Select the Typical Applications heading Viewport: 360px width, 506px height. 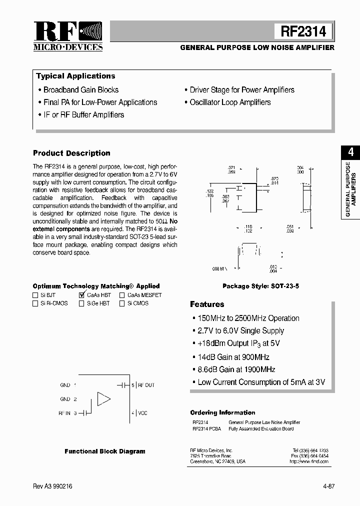tap(75, 76)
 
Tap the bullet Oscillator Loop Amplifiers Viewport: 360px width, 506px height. tap(230, 102)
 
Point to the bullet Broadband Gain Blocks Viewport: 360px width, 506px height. tap(81, 90)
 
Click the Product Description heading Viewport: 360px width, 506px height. tap(71, 153)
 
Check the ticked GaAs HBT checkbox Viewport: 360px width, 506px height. tap(82, 295)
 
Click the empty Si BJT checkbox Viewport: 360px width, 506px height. tap(35, 295)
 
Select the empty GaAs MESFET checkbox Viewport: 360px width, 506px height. tap(122, 295)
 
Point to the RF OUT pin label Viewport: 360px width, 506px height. tap(146, 385)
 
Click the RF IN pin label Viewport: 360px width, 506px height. tap(65, 413)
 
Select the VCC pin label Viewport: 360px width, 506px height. tap(142, 413)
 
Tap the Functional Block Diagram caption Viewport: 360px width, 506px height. tap(105, 451)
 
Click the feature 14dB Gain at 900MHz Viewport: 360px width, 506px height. tap(233, 357)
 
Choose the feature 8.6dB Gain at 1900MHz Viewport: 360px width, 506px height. tap(236, 369)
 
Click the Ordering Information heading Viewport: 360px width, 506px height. tap(222, 412)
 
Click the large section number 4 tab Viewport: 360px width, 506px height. tap(351, 152)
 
